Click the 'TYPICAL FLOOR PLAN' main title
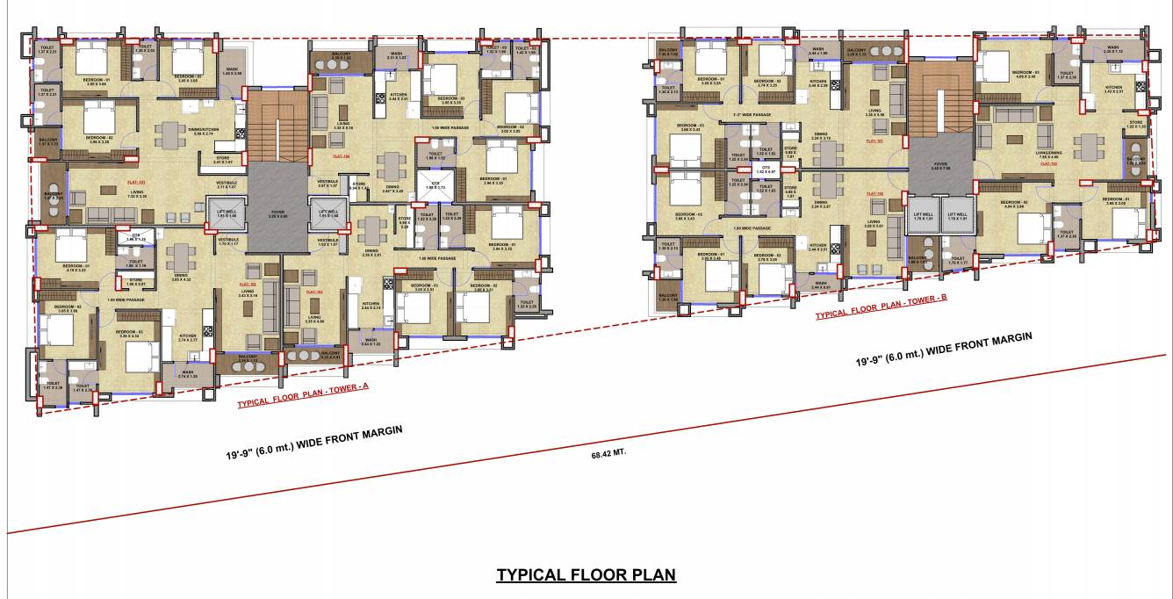(x=586, y=575)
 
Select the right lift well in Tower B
(x=957, y=215)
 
